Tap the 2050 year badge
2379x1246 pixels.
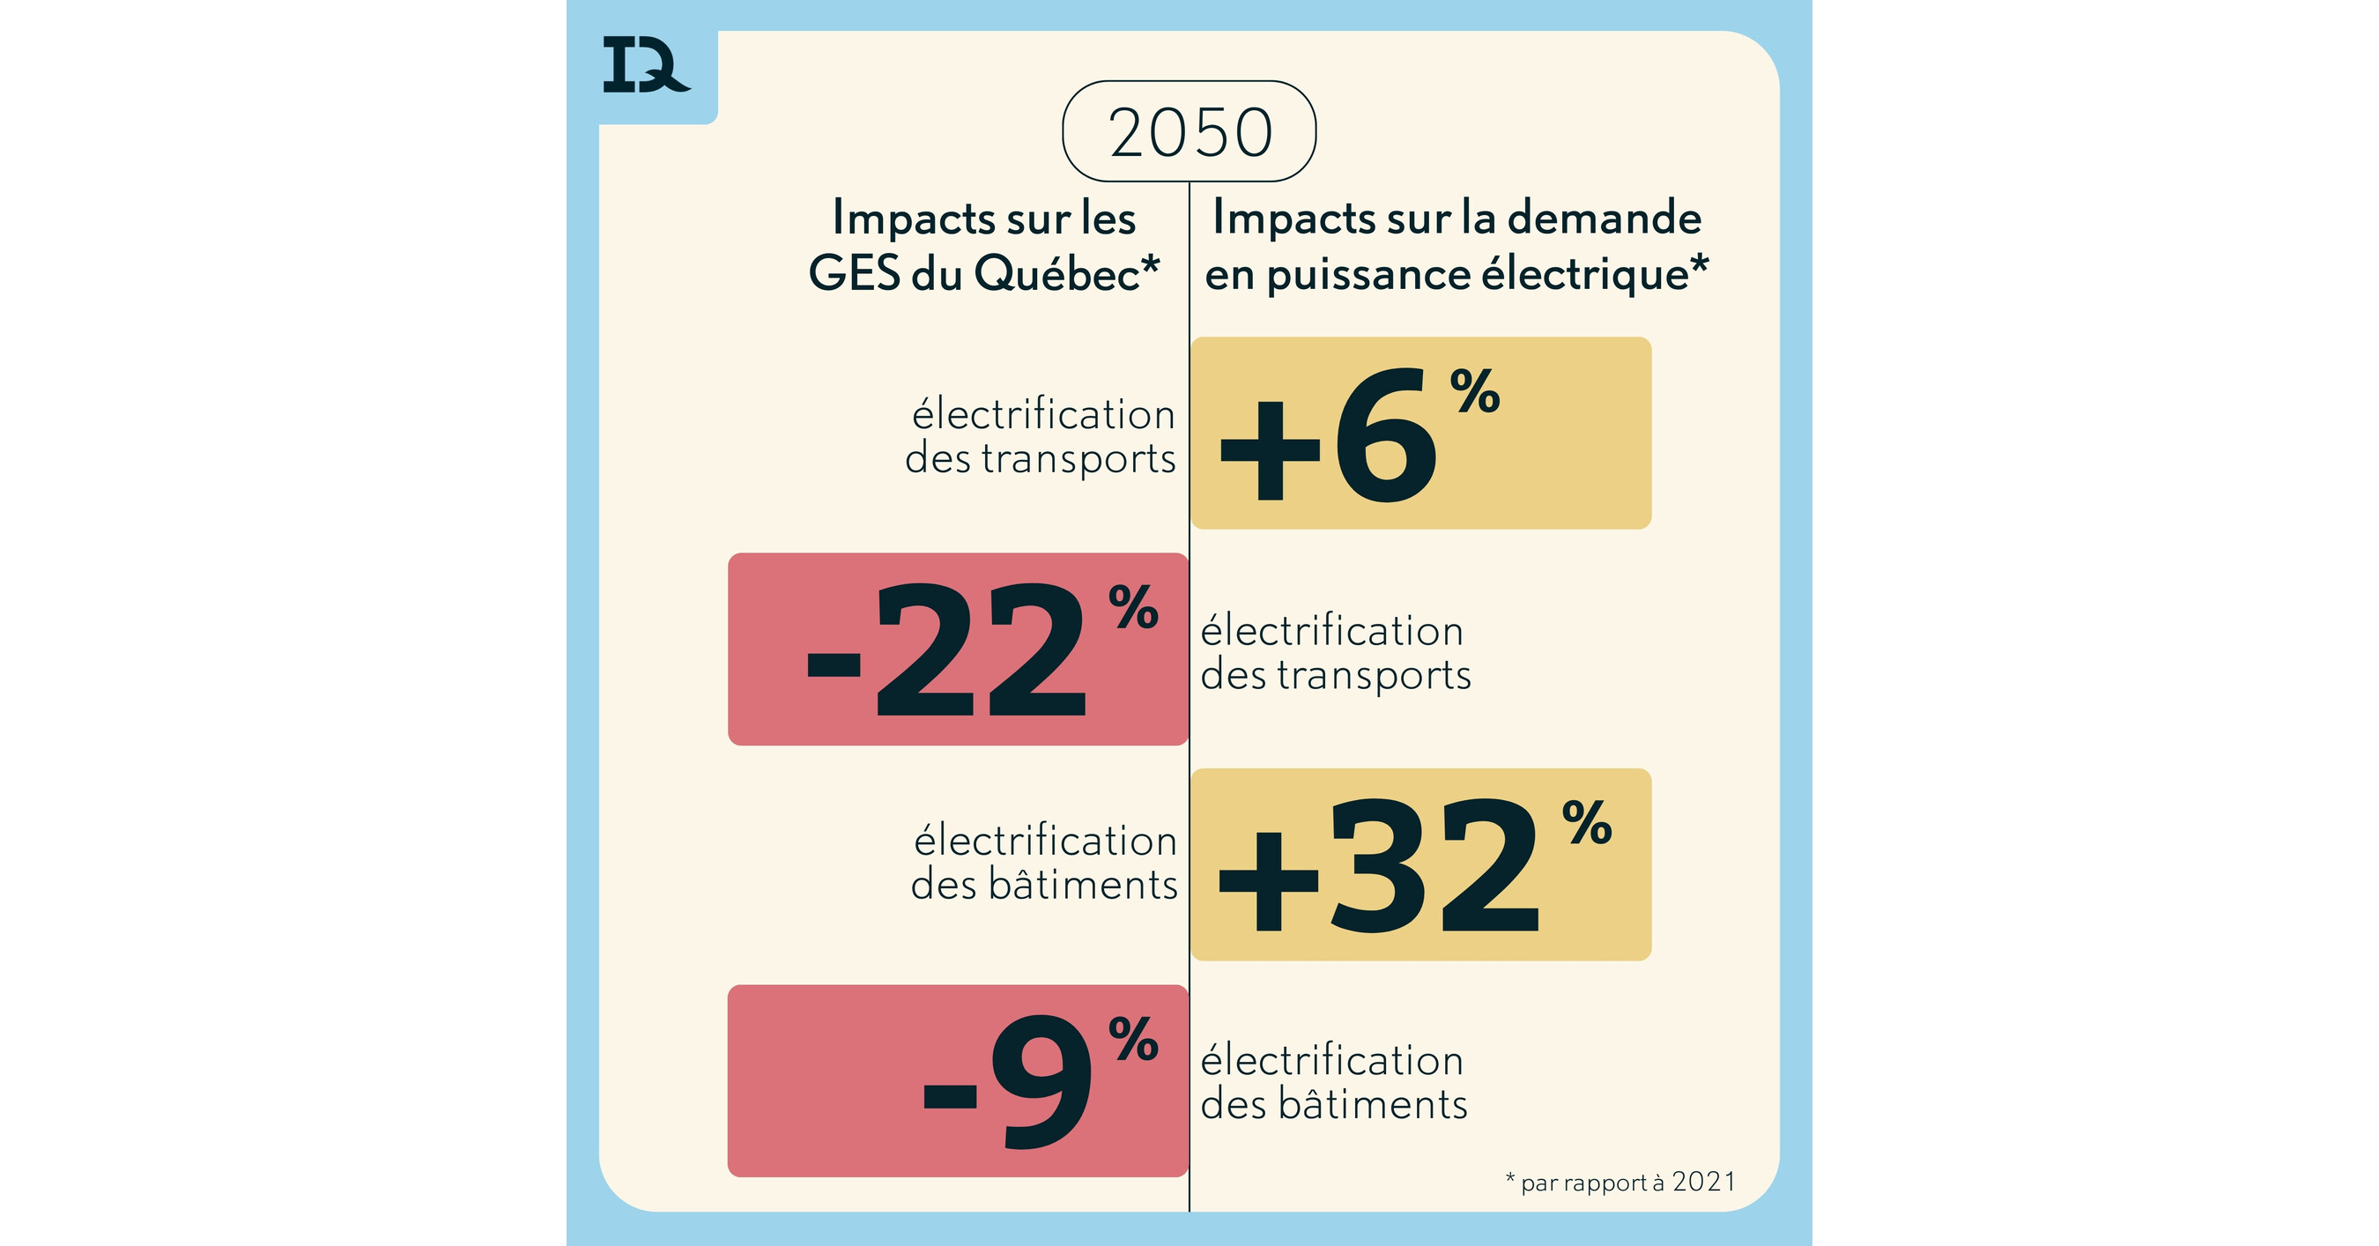(1189, 132)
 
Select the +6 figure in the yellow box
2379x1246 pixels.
(1330, 434)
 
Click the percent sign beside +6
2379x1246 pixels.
(1475, 391)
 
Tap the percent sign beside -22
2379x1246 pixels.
(1133, 607)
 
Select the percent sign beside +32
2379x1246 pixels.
(1587, 823)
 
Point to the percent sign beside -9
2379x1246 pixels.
(1133, 1039)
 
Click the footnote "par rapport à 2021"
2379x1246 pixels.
(1627, 1183)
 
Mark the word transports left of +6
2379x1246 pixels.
(1078, 459)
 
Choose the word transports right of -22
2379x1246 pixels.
(1374, 675)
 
